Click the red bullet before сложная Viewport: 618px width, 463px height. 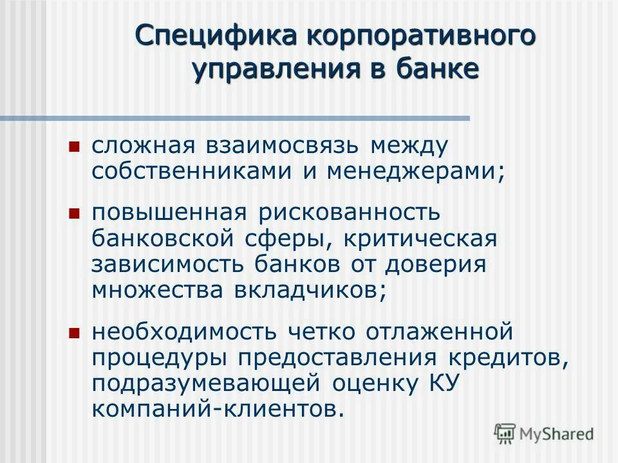73,147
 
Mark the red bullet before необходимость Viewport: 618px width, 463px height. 73,332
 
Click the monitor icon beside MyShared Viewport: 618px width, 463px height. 505,433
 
